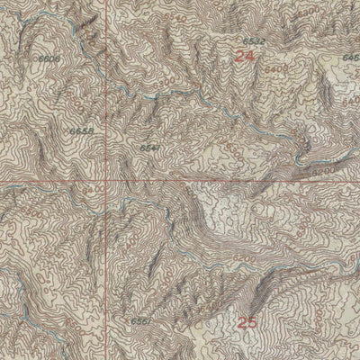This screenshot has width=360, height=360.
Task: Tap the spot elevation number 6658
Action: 80,130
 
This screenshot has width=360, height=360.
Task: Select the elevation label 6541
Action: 149,147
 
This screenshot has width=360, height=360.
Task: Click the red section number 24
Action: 244,56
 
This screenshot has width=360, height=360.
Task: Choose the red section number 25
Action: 247,320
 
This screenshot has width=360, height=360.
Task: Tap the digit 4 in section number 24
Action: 249,56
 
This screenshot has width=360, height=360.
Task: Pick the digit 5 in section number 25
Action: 252,320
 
